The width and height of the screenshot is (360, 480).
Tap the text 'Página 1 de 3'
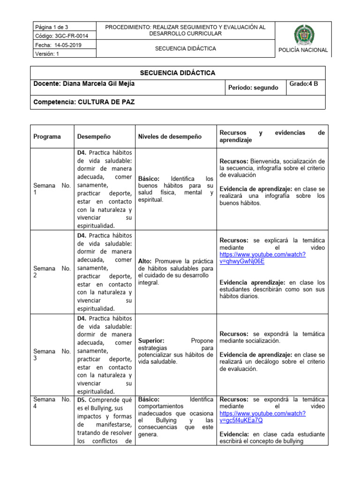tap(51, 27)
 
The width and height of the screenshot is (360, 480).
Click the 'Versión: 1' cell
tap(47, 54)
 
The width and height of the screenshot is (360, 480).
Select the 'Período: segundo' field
tap(253, 88)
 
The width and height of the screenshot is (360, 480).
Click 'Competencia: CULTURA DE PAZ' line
tap(84, 102)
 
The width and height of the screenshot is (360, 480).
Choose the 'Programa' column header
tap(47, 137)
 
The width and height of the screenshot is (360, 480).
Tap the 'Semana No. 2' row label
tap(52, 272)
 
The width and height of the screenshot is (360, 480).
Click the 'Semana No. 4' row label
tap(52, 403)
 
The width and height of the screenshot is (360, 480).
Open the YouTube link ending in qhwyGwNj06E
tap(262, 258)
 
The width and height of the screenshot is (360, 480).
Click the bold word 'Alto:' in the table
tap(146, 261)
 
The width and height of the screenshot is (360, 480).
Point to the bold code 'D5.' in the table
tap(82, 400)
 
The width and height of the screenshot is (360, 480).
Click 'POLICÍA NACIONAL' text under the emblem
tap(303, 50)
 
